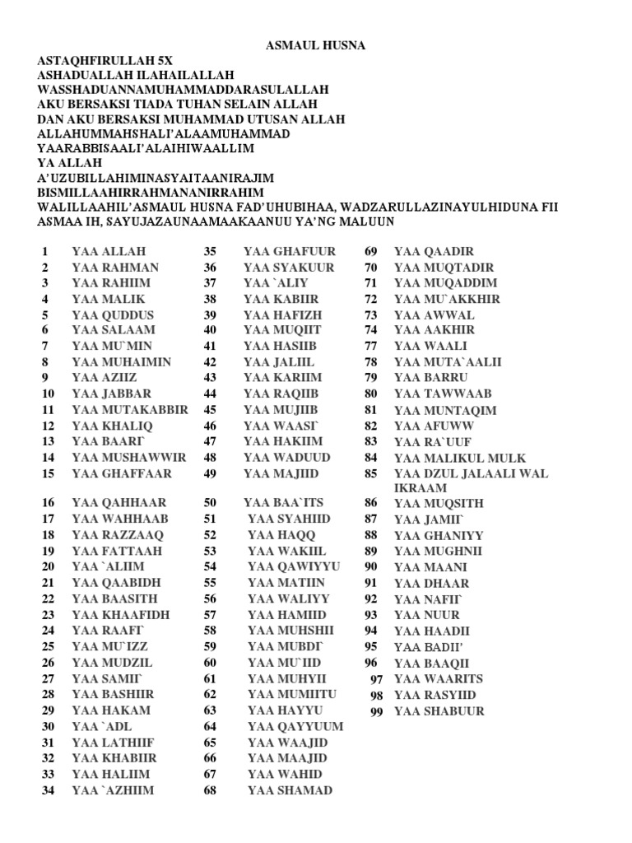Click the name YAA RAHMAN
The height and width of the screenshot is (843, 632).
115,268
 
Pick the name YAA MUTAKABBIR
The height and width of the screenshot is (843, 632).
130,409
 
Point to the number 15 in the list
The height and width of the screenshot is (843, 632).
47,473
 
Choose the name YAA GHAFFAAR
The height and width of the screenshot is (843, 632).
122,473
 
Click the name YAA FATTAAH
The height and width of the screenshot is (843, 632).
117,551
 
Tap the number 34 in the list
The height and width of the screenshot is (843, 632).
47,790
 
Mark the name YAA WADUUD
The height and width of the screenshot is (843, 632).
286,457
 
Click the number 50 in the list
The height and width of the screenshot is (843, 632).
210,502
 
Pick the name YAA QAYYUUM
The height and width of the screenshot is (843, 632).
295,727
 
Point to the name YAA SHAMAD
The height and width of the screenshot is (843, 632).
290,790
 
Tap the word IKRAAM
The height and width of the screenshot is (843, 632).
421,488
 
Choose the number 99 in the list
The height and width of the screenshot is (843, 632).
377,712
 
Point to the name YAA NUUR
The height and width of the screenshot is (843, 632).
427,615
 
